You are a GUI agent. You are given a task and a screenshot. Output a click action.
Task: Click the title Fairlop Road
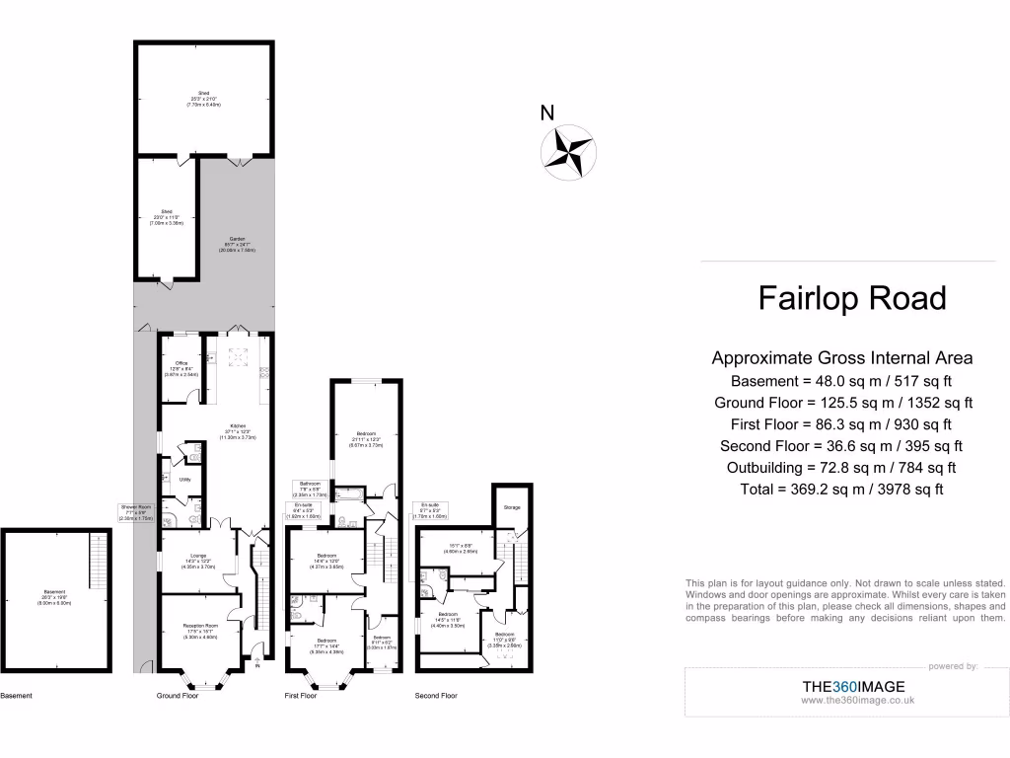tap(851, 298)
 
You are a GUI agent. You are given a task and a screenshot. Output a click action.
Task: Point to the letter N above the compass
tap(546, 114)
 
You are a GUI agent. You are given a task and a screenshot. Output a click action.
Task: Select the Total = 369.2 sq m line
tap(842, 489)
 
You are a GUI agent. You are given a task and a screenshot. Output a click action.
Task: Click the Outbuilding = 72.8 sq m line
tap(842, 468)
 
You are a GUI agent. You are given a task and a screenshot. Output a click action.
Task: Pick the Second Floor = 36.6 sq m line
tap(842, 446)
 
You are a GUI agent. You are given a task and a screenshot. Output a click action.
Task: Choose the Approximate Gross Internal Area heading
tap(842, 358)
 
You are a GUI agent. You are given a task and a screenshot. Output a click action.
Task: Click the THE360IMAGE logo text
tap(852, 686)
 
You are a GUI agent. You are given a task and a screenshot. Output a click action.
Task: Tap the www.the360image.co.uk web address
tap(858, 700)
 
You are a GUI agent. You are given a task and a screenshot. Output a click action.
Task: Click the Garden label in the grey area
tap(237, 240)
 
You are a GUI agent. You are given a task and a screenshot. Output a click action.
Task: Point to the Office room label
tap(181, 363)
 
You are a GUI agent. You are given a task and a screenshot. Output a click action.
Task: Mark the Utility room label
tap(184, 480)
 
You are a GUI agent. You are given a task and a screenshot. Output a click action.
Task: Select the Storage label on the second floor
tap(511, 507)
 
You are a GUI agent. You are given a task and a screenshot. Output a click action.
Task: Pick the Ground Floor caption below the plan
tap(178, 696)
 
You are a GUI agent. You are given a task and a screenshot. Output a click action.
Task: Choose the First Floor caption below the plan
tap(301, 696)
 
